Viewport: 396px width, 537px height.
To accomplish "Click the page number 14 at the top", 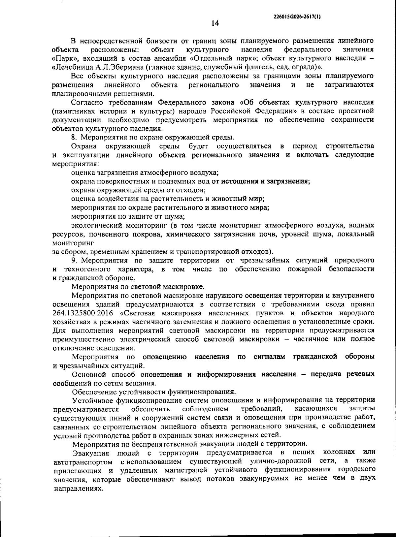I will pos(215,23).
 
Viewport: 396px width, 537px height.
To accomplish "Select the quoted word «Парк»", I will pos(63,58).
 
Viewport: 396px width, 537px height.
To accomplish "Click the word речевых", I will pos(359,374).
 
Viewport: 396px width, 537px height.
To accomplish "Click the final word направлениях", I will pos(77,488).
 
